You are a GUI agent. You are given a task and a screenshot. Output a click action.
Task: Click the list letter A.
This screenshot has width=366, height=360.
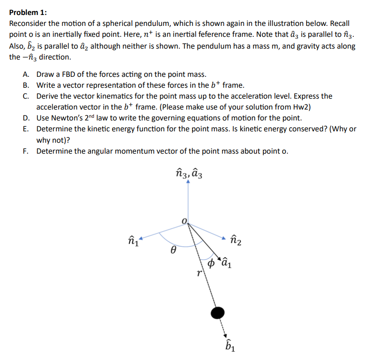click(x=26, y=74)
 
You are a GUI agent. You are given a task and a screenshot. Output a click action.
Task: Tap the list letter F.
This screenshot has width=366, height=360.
click(x=26, y=151)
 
